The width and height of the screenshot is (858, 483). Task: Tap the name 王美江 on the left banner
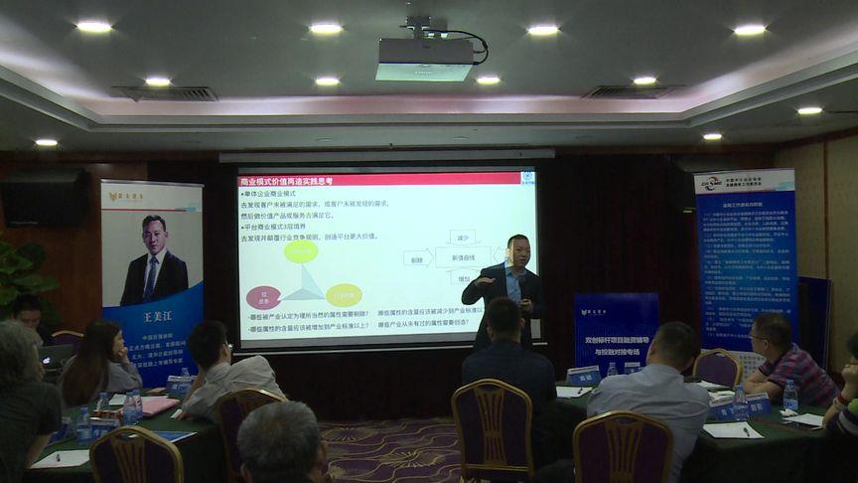(151, 317)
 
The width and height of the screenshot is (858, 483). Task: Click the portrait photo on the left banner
(153, 259)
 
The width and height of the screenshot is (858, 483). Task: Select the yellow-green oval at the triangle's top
(301, 251)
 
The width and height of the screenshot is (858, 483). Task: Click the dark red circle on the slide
(265, 296)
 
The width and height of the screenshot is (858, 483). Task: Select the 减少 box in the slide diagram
(462, 238)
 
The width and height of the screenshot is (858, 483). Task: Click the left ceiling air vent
(168, 93)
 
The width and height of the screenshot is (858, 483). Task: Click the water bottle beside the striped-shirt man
(790, 396)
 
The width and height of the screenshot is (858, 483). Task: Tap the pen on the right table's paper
(732, 428)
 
